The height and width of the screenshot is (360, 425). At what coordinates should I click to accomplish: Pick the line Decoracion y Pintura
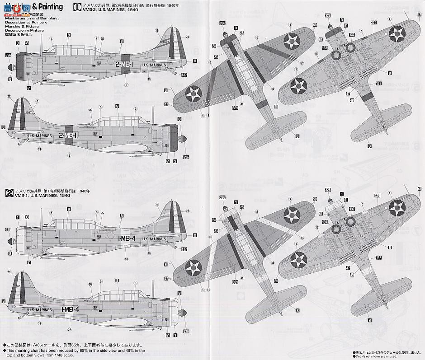click(20, 30)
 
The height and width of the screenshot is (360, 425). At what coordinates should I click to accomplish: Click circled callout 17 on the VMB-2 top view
click(288, 64)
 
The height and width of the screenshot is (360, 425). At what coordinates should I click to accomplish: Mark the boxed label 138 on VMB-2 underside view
click(378, 84)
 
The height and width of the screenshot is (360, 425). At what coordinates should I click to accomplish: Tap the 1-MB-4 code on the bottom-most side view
click(70, 309)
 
